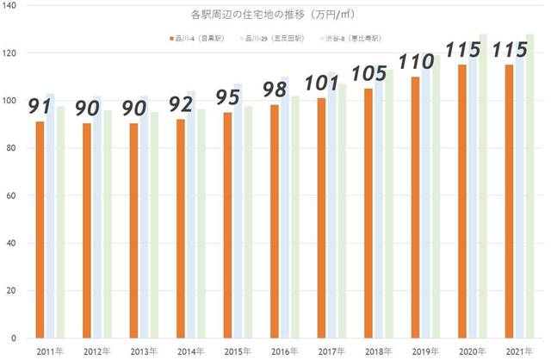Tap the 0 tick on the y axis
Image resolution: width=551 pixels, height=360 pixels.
pyautogui.click(x=20, y=338)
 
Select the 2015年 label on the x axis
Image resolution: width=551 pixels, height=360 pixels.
pyautogui.click(x=237, y=351)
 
